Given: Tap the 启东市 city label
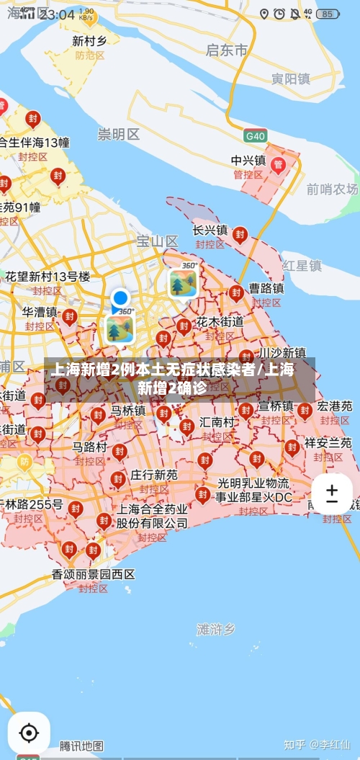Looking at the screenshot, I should pos(226,50).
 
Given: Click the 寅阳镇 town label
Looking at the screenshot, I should pos(290,79).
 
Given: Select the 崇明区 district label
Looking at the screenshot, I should pos(119,134).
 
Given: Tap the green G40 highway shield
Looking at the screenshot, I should pos(255,135).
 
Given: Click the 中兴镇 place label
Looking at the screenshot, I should pos(248,160).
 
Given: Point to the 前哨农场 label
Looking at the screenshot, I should pos(331,189).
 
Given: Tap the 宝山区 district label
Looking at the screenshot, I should pos(157,241).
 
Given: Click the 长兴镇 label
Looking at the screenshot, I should pos(210,231).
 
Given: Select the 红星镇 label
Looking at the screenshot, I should pos(302,265).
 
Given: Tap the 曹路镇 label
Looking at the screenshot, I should pos(266,288).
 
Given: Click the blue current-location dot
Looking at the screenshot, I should pos(120,298).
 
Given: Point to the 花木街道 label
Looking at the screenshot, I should pos(220,321).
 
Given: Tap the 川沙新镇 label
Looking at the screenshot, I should pos(282,353).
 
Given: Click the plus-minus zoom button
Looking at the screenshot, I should pos(332,493).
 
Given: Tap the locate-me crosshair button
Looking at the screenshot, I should pos(29,733).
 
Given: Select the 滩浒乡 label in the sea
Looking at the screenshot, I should pos(216,629).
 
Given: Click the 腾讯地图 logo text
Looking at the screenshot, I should pos(81,746).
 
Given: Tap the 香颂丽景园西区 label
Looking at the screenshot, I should pos(93,574).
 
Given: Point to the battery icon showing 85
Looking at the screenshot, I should pos(328,14).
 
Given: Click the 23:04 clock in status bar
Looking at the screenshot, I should pos(58,14).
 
